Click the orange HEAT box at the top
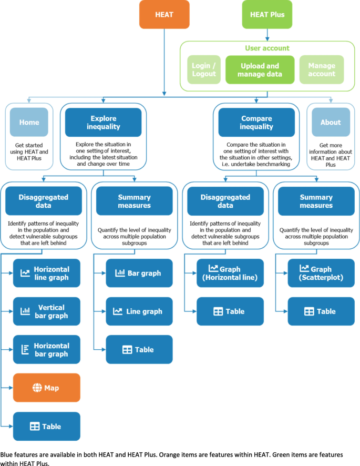click(x=164, y=14)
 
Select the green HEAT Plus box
click(x=268, y=14)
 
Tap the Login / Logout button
click(x=204, y=70)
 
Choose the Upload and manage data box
click(x=260, y=70)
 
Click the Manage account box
click(x=322, y=70)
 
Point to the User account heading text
click(x=268, y=48)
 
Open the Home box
click(x=29, y=122)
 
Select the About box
click(x=331, y=122)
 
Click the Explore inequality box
click(x=103, y=122)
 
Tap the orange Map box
click(x=47, y=388)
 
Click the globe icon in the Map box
click(x=37, y=388)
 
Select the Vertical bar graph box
click(x=47, y=311)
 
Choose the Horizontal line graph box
click(x=47, y=273)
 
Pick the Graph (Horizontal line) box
click(x=230, y=273)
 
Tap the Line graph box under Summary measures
click(x=139, y=311)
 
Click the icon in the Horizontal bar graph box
click(x=25, y=350)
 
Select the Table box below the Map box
click(x=47, y=426)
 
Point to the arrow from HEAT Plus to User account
click(x=268, y=34)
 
